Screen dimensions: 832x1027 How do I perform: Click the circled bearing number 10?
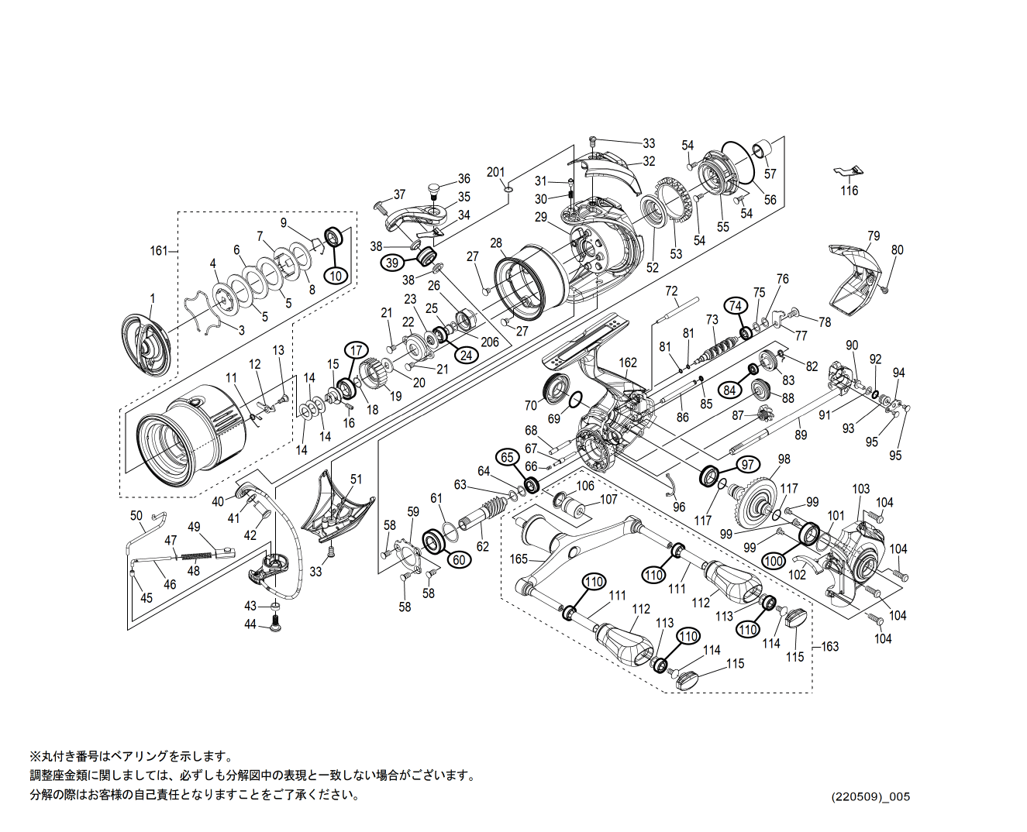pyautogui.click(x=336, y=275)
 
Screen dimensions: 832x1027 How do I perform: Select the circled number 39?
pyautogui.click(x=392, y=263)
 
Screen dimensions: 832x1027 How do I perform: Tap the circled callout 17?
pyautogui.click(x=356, y=350)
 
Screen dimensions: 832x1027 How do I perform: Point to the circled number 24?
pyautogui.click(x=466, y=355)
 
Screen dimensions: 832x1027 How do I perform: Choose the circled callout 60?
pyautogui.click(x=458, y=559)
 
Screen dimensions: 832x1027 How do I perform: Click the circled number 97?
pyautogui.click(x=747, y=465)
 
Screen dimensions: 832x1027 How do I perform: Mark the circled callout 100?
pyautogui.click(x=774, y=560)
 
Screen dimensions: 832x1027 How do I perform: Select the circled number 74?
pyautogui.click(x=735, y=305)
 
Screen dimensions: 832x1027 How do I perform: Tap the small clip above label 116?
pyautogui.click(x=849, y=170)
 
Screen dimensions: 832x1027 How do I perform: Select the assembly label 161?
pyautogui.click(x=158, y=250)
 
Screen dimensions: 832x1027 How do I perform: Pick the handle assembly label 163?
pyautogui.click(x=830, y=646)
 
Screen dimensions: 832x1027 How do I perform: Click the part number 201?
pyautogui.click(x=495, y=172)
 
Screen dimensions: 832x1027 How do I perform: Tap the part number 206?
pyautogui.click(x=489, y=342)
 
